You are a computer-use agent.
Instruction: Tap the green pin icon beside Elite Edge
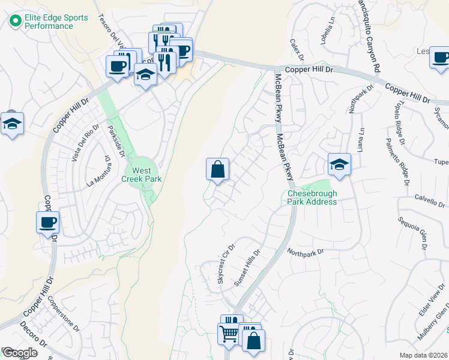pyautogui.click(x=15, y=22)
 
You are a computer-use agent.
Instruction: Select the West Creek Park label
pyautogui.click(x=142, y=174)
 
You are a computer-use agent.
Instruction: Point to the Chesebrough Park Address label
pyautogui.click(x=312, y=198)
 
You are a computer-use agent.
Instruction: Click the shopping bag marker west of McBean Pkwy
pyautogui.click(x=217, y=169)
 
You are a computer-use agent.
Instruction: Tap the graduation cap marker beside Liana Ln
pyautogui.click(x=339, y=165)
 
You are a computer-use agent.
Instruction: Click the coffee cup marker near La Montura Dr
pyautogui.click(x=47, y=223)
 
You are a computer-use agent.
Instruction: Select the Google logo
pyautogui.click(x=19, y=353)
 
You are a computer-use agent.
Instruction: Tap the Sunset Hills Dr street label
pyautogui.click(x=247, y=268)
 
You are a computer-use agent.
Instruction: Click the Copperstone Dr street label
pyautogui.click(x=63, y=314)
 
